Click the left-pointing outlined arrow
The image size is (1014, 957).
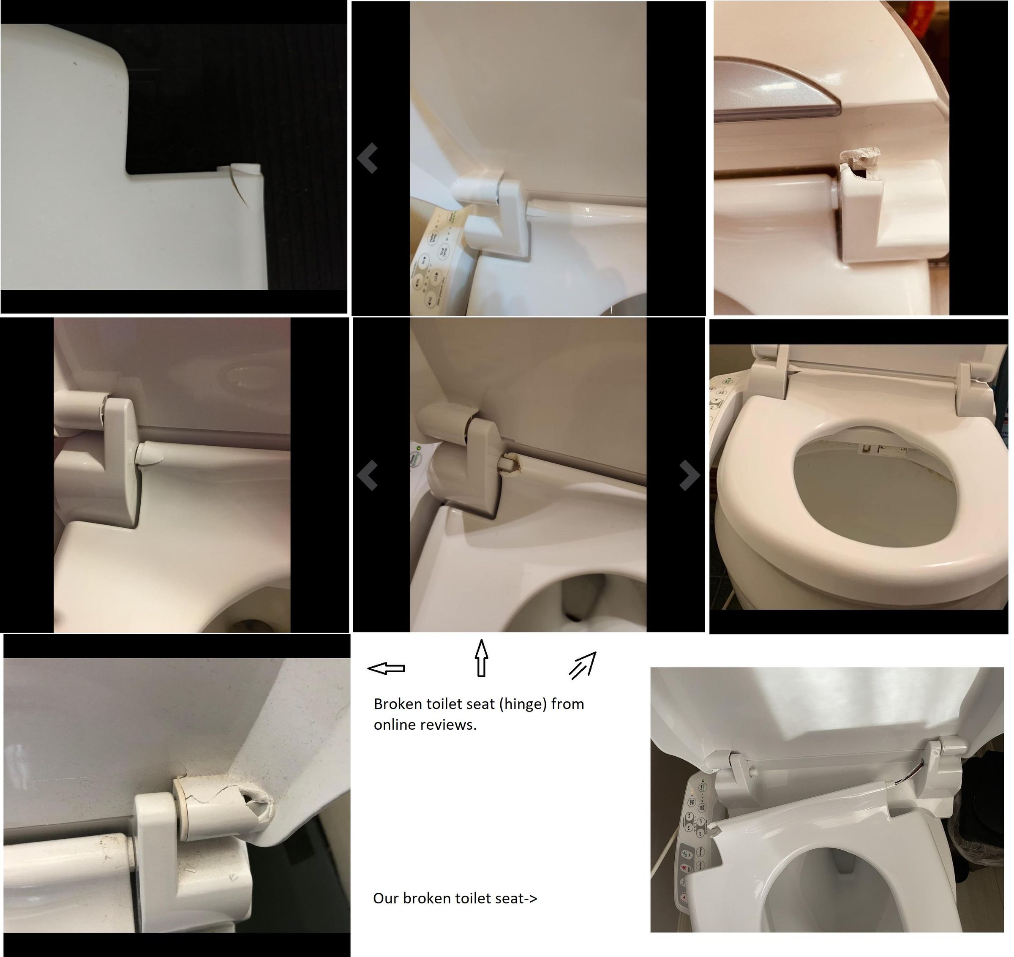click(387, 668)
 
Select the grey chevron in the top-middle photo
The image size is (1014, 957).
click(368, 158)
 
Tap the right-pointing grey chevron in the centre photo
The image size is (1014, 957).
click(690, 475)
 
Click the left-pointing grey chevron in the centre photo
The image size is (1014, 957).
click(368, 475)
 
